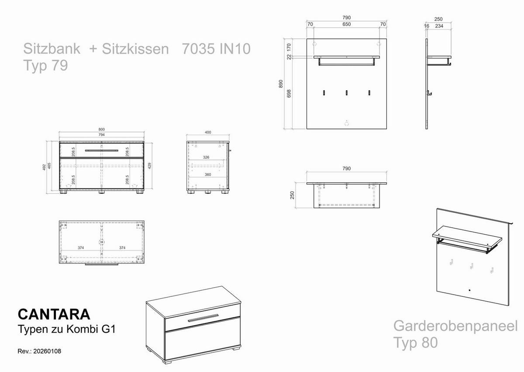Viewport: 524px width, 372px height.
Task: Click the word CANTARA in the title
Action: (54, 314)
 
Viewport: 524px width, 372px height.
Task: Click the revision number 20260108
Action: (46, 351)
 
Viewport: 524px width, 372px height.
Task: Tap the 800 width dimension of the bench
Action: (101, 129)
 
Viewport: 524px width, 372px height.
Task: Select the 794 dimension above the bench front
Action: (101, 135)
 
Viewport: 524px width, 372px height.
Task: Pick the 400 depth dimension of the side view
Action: (208, 132)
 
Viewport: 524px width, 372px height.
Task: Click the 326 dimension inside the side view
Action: (207, 157)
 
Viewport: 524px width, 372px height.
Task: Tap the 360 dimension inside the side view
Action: (208, 174)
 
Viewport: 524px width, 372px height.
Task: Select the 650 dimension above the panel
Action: (346, 24)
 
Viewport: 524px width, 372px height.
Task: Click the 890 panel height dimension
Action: (281, 83)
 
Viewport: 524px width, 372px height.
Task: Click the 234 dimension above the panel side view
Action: (439, 26)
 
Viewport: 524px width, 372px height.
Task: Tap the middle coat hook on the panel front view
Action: (347, 93)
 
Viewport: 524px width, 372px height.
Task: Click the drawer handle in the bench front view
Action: (101, 150)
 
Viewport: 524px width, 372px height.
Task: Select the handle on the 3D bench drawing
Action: (203, 318)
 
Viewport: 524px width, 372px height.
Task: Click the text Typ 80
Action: (415, 342)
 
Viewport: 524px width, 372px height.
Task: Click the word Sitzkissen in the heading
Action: (135, 49)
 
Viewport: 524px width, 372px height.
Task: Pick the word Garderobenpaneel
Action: (455, 326)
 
